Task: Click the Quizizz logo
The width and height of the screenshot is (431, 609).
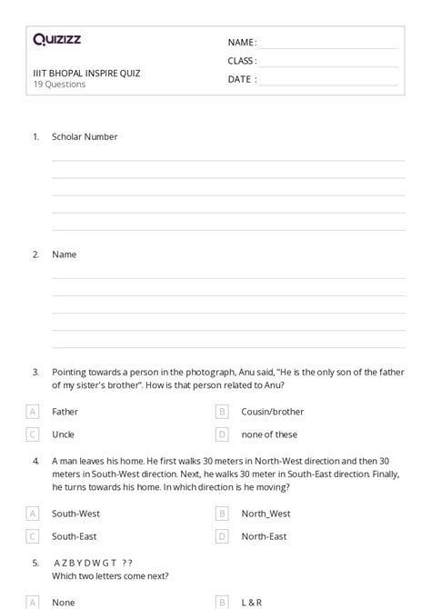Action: point(56,39)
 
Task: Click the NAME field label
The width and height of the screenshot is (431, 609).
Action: point(241,43)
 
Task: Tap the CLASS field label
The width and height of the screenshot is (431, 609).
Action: point(241,61)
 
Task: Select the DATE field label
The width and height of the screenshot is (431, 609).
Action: point(241,79)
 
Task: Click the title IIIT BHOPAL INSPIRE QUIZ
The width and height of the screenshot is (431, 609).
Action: point(86,73)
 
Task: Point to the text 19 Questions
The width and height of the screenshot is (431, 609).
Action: point(59,85)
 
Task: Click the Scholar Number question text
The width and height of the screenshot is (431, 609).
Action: point(85,137)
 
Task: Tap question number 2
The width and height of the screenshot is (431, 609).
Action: point(35,255)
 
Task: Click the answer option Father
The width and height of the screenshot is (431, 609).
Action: point(65,412)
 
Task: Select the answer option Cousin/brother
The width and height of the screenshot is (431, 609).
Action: point(272,412)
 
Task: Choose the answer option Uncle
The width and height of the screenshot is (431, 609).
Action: point(63,434)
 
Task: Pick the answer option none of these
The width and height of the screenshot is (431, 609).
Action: point(269,434)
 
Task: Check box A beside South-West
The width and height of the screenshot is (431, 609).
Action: point(33,514)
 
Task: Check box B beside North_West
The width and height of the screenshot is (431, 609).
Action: point(222,514)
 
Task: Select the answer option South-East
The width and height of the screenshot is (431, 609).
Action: point(74,536)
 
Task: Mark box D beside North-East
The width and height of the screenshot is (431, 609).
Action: point(222,536)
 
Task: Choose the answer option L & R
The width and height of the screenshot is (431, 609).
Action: point(252,602)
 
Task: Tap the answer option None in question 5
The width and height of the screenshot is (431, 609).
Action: point(63,602)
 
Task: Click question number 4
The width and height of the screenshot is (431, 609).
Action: point(35,461)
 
